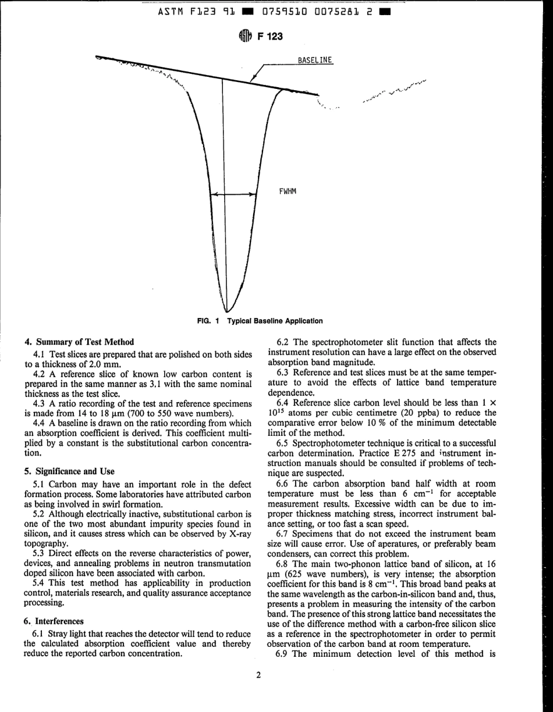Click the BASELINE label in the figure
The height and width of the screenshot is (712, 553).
tap(314, 60)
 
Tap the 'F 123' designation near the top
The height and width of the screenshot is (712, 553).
tap(270, 37)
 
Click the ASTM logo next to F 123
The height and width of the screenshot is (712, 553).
tap(244, 37)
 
